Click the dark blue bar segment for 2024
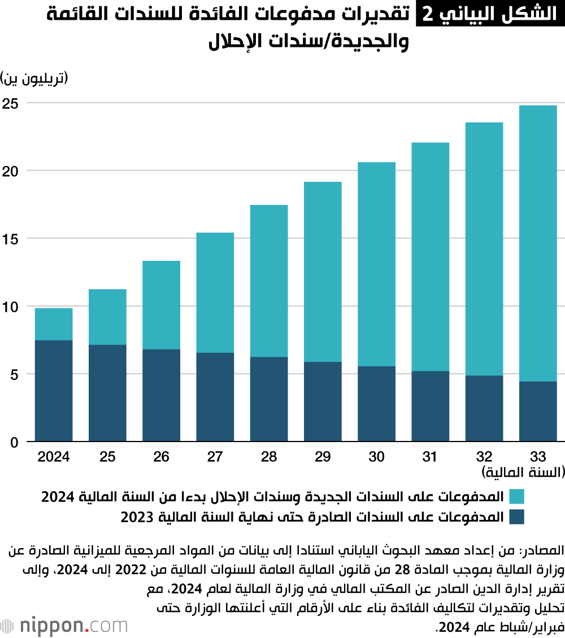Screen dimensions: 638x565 [54, 391]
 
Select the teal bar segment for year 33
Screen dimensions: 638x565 [537, 243]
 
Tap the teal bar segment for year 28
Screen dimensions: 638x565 [268, 281]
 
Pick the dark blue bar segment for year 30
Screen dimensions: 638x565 [376, 404]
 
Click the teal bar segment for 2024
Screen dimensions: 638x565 [54, 324]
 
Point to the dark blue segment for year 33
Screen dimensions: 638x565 [537, 411]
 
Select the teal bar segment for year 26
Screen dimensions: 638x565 [161, 305]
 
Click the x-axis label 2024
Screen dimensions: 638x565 [54, 457]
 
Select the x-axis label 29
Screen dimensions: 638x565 [322, 457]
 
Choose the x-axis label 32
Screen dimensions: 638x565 [484, 457]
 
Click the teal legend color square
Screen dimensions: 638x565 [516, 497]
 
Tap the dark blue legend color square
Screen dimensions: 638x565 [516, 517]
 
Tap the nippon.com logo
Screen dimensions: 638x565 [64, 610]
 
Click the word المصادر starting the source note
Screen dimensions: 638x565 [540, 549]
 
